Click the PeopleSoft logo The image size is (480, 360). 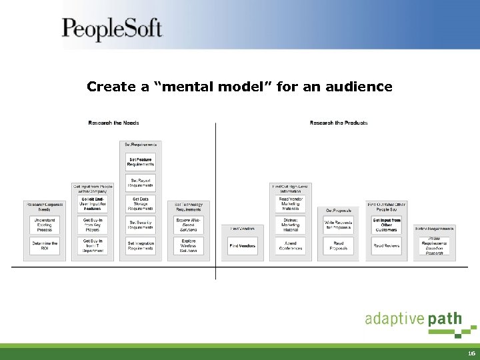[x=112, y=30]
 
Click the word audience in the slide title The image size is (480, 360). [x=359, y=87]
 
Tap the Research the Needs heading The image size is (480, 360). [x=113, y=123]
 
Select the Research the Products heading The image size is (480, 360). [x=339, y=123]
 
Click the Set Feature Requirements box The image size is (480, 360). [x=141, y=162]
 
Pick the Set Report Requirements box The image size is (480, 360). [x=141, y=182]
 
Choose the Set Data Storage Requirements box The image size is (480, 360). [x=141, y=203]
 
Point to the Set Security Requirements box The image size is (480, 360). [x=141, y=225]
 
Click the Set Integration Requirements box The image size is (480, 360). [x=141, y=246]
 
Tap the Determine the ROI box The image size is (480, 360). [x=45, y=246]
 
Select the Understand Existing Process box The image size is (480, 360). [x=45, y=225]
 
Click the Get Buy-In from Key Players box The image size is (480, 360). [x=92, y=225]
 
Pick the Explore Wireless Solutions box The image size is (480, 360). [x=188, y=246]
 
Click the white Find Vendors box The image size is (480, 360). [x=243, y=246]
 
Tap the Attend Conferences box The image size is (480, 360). [x=290, y=246]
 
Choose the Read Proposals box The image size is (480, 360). [x=338, y=246]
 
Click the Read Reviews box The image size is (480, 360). [x=387, y=246]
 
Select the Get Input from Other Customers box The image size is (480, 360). [x=387, y=225]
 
